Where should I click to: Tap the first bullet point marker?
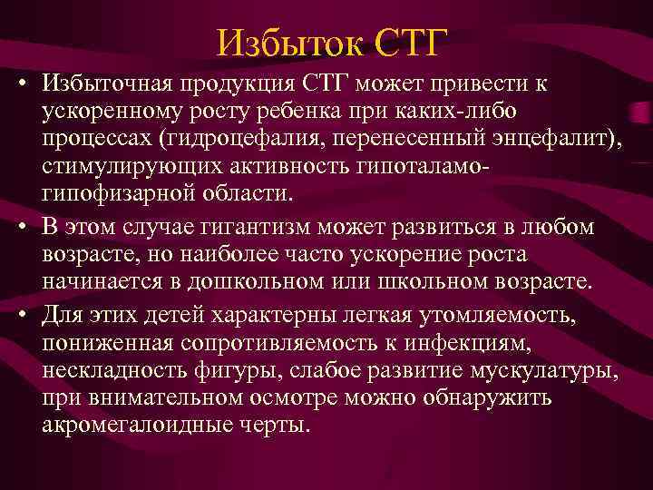pos(19,85)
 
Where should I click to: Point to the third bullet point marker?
pos(19,314)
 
